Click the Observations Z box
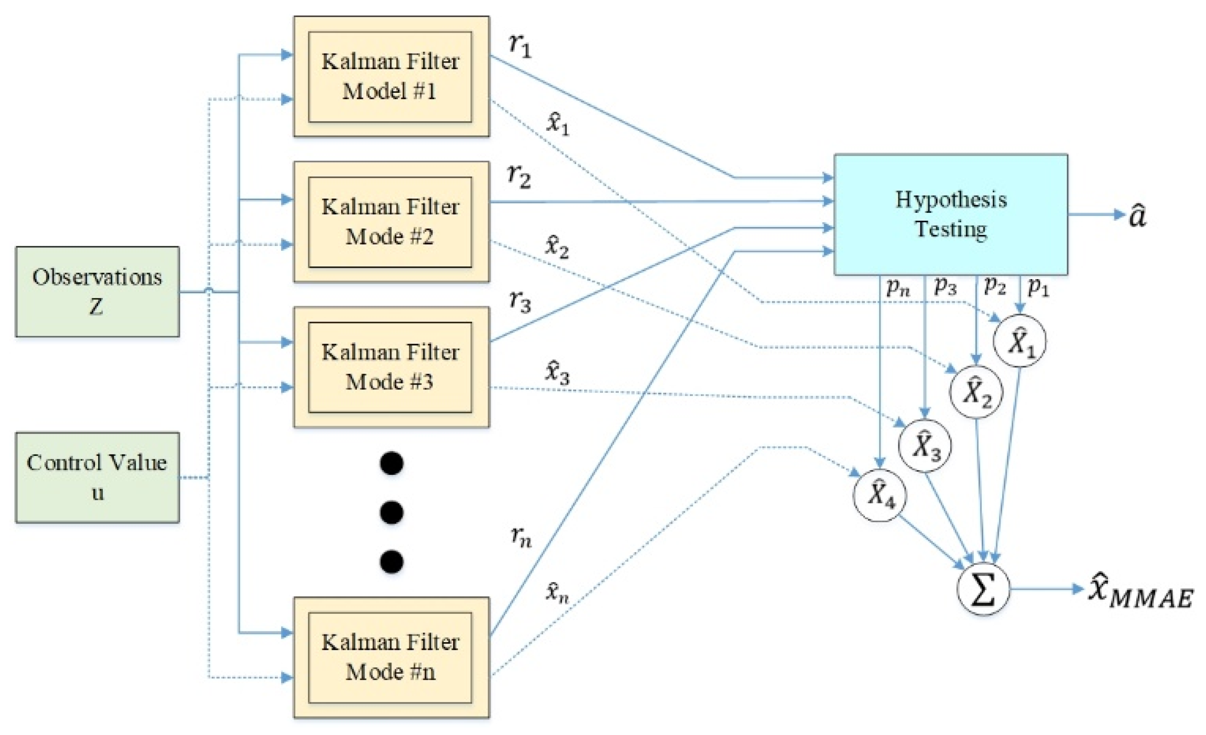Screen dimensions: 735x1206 pos(97,291)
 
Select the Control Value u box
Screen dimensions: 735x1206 pos(97,477)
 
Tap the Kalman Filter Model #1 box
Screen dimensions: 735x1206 pos(390,76)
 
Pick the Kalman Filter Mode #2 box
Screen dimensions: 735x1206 pos(390,222)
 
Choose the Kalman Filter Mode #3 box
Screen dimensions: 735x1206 pos(390,367)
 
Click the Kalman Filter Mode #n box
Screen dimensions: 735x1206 pos(390,657)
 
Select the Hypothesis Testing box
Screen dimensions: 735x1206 pos(951,214)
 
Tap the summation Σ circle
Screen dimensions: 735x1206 pos(983,589)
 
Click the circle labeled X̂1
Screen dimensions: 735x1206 pos(1019,341)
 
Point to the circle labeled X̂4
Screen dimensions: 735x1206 pos(880,495)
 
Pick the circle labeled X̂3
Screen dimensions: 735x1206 pos(925,445)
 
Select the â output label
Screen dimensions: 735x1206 pos(1137,215)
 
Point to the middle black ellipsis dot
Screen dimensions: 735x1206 pos(391,512)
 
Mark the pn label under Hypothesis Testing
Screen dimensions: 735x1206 pos(898,287)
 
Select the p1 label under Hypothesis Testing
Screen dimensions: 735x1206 pos(1038,287)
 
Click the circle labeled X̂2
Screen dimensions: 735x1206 pos(976,392)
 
